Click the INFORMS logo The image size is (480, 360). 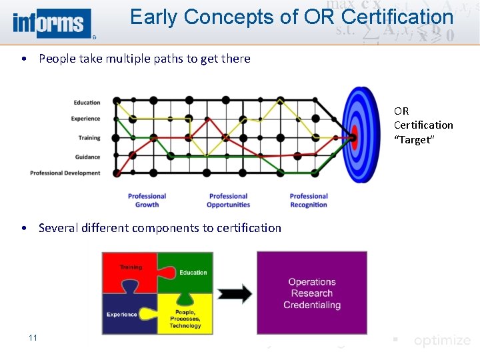point(51,23)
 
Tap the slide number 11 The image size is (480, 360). point(33,338)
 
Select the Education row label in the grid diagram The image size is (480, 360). point(87,103)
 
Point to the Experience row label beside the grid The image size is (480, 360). point(85,119)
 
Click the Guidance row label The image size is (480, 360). point(87,157)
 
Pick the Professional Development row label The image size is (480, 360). point(65,173)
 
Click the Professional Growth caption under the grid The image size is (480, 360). point(147,200)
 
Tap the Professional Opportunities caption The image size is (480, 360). point(229,200)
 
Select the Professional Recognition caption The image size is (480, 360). point(309,200)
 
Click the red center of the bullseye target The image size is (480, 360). point(354,137)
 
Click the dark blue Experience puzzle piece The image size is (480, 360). point(125,313)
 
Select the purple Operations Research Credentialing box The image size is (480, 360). point(312,293)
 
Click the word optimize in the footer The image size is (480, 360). point(441,341)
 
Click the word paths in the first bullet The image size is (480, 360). point(167,59)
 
